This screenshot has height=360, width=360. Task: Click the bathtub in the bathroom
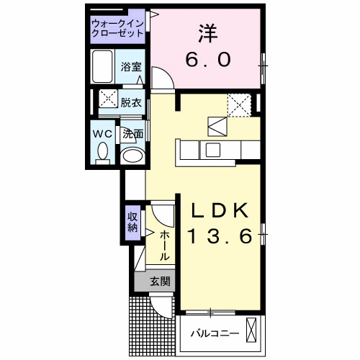[104, 67]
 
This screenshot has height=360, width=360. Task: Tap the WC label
[102, 133]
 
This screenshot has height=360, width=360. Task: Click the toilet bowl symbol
[102, 152]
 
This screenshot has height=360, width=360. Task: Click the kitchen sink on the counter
[214, 149]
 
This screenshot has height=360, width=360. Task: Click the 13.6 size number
[220, 236]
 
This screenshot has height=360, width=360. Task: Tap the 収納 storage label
[133, 221]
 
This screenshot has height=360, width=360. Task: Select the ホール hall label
[164, 246]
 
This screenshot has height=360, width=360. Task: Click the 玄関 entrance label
[160, 282]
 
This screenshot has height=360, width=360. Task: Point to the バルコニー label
[214, 333]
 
